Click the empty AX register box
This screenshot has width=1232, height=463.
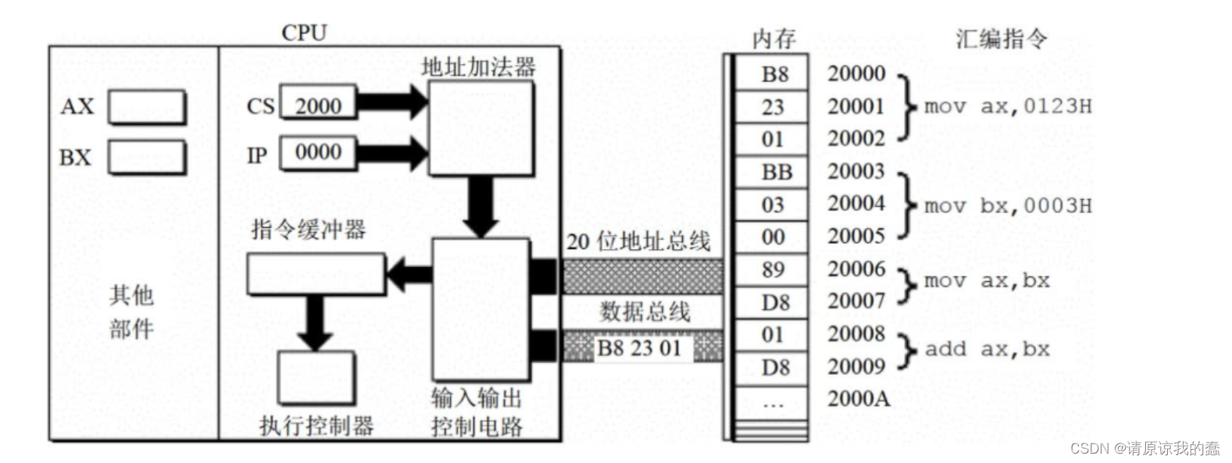click(x=147, y=107)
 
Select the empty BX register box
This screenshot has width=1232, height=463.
click(x=147, y=157)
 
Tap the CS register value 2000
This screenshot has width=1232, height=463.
click(x=318, y=105)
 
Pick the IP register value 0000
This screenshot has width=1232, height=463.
click(x=318, y=152)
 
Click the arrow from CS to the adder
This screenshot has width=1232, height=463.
click(x=391, y=102)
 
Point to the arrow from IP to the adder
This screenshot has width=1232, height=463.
click(x=391, y=152)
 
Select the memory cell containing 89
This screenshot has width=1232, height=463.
click(x=773, y=270)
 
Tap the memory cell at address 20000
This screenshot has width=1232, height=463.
click(x=774, y=74)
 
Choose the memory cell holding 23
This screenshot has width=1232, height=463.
click(x=773, y=107)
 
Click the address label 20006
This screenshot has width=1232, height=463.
click(x=856, y=269)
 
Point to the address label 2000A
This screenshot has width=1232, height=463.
click(x=858, y=399)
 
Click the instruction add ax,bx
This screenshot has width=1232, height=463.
click(x=987, y=349)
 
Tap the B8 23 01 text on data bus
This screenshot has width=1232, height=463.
click(x=639, y=348)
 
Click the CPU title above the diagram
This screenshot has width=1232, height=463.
click(x=304, y=33)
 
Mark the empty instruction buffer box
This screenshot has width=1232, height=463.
click(x=316, y=274)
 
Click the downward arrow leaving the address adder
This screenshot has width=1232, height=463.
click(x=480, y=205)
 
